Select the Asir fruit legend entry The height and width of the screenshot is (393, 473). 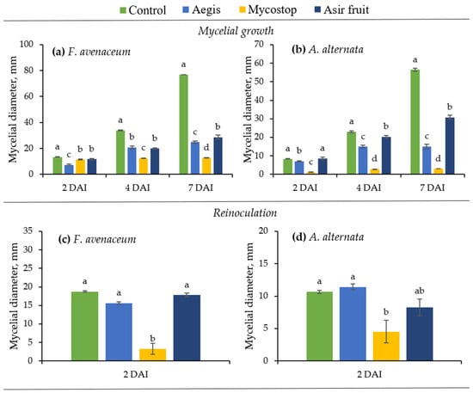pyautogui.click(x=341, y=10)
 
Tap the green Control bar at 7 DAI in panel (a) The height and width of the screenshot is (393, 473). pyautogui.click(x=183, y=125)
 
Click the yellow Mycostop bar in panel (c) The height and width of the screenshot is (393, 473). pyautogui.click(x=152, y=354)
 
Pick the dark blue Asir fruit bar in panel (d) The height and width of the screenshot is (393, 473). pyautogui.click(x=420, y=335)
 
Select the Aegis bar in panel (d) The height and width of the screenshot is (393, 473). pyautogui.click(x=353, y=324)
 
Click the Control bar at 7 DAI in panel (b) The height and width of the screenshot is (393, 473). pyautogui.click(x=415, y=122)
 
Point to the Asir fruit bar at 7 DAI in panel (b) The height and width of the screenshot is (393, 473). pyautogui.click(x=450, y=146)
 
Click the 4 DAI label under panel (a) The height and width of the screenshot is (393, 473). pyautogui.click(x=138, y=188)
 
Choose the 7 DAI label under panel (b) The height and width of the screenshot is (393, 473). pyautogui.click(x=433, y=188)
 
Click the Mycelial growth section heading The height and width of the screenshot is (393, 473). pyautogui.click(x=236, y=31)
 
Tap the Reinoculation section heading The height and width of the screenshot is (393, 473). pyautogui.click(x=245, y=213)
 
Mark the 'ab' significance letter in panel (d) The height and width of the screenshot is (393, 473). pyautogui.click(x=420, y=291)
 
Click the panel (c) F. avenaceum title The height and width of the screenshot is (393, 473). pyautogui.click(x=97, y=239)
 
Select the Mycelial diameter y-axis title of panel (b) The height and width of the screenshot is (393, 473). pyautogui.click(x=248, y=109)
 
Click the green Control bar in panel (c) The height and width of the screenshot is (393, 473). pyautogui.click(x=85, y=326)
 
